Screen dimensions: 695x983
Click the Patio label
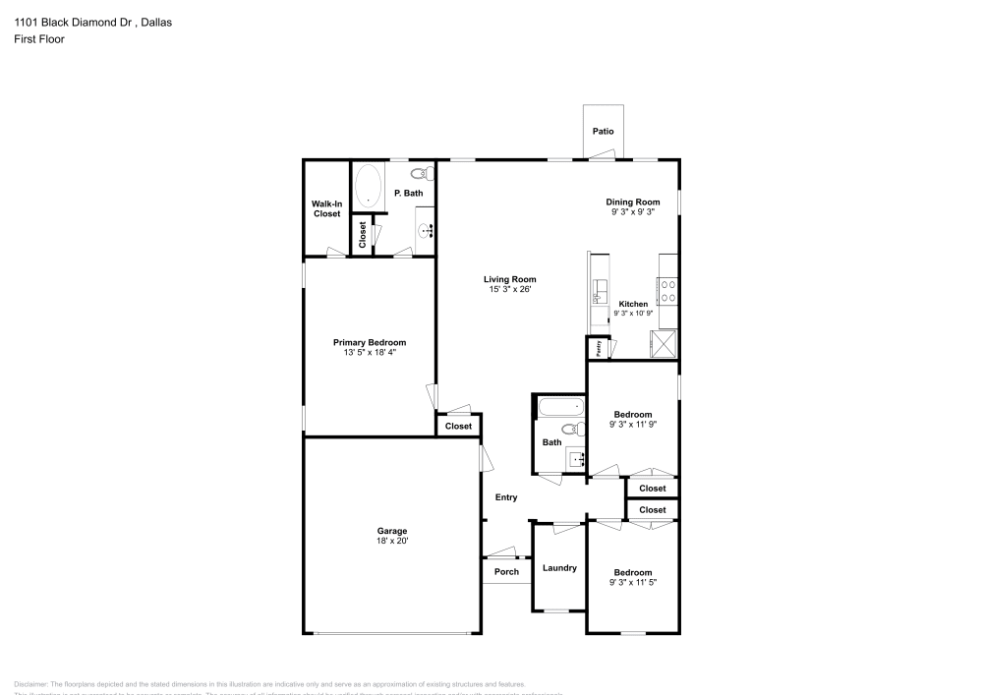[x=603, y=131]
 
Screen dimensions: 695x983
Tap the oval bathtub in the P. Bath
[x=369, y=185]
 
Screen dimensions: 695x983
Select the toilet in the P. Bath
[x=419, y=173]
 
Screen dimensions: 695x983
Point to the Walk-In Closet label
[x=326, y=208]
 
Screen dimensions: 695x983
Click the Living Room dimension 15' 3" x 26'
[x=509, y=290]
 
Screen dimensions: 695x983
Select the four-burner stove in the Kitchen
[x=667, y=290]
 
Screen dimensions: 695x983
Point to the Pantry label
[x=597, y=348]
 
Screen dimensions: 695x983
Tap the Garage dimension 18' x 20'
[x=391, y=541]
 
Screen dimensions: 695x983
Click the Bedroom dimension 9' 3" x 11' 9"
[x=632, y=425]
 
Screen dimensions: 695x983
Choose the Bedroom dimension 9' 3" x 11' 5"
[x=632, y=583]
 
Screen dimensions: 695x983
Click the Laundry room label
[x=559, y=567]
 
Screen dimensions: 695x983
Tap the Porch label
[x=506, y=572]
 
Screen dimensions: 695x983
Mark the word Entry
[x=505, y=497]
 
